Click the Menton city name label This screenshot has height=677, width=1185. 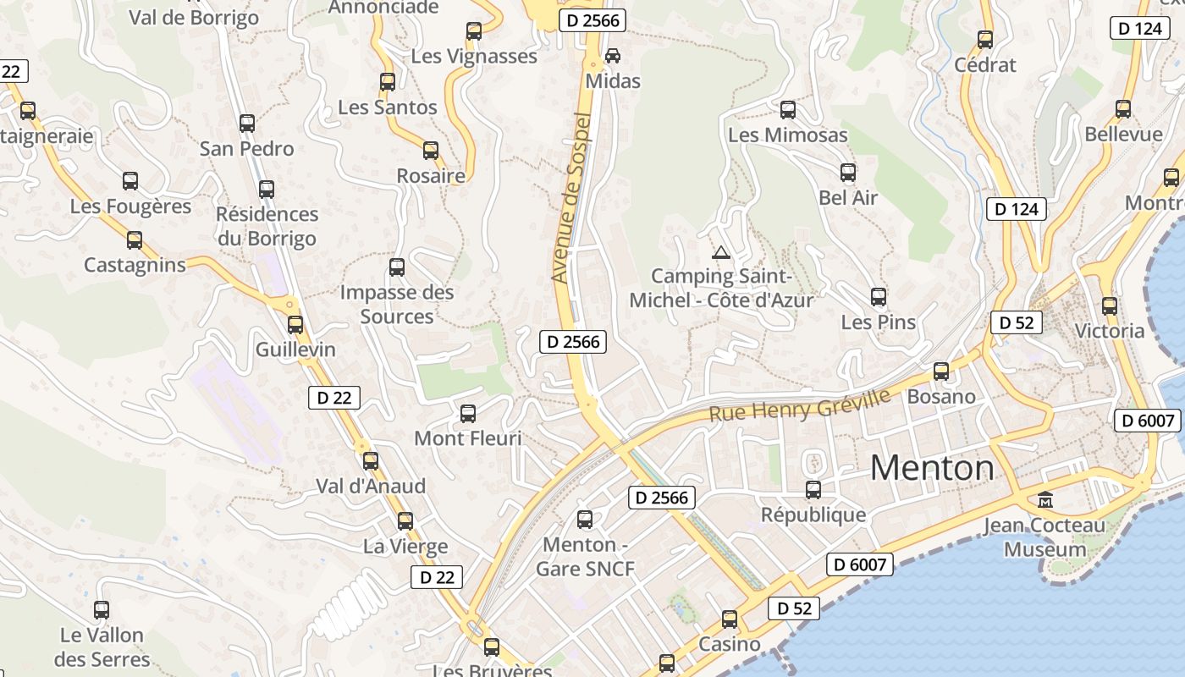[x=932, y=467]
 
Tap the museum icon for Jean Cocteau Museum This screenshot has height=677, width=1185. [x=1045, y=500]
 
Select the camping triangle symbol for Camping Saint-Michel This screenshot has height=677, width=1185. [x=721, y=251]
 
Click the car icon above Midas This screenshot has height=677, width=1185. [x=613, y=56]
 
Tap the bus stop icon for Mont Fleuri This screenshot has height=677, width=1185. [x=468, y=414]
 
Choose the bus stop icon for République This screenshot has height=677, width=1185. [x=813, y=489]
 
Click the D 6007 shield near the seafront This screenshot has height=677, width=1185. [x=860, y=564]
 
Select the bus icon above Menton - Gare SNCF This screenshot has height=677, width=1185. [x=585, y=520]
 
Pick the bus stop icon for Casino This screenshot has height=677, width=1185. [x=730, y=619]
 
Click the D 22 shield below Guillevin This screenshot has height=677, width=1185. [x=334, y=397]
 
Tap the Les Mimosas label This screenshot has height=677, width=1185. [x=787, y=135]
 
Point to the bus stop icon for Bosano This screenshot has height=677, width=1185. [x=941, y=371]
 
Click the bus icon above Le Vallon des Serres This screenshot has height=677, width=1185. [x=102, y=609]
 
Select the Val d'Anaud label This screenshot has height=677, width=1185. [x=371, y=487]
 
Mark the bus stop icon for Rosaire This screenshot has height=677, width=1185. [x=431, y=151]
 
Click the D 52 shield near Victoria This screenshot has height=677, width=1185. [x=1016, y=322]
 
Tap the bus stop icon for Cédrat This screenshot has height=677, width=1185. [x=985, y=39]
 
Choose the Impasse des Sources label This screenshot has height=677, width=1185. [x=397, y=305]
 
